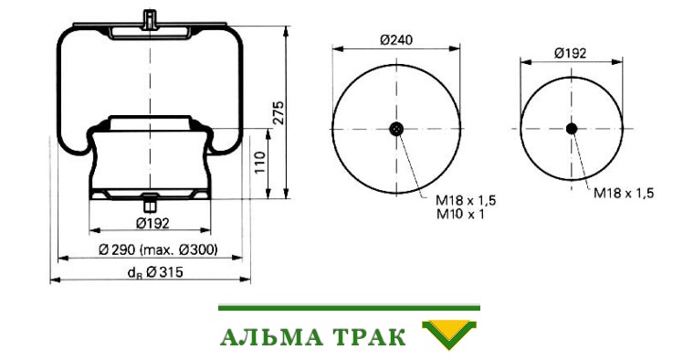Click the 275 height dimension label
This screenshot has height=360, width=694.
coord(279,113)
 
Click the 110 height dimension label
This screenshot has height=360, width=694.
coord(260,163)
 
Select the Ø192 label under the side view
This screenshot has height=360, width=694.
coord(152,223)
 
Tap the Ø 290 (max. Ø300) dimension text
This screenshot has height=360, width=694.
coord(159,250)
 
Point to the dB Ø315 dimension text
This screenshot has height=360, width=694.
coord(155,272)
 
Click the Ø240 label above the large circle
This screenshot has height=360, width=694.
coord(396,40)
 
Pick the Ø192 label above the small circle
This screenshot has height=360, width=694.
coord(571,54)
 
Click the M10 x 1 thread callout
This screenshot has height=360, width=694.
coord(460,215)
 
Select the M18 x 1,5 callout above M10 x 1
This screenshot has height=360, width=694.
coord(466,201)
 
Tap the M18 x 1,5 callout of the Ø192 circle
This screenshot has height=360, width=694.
coord(624,193)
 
